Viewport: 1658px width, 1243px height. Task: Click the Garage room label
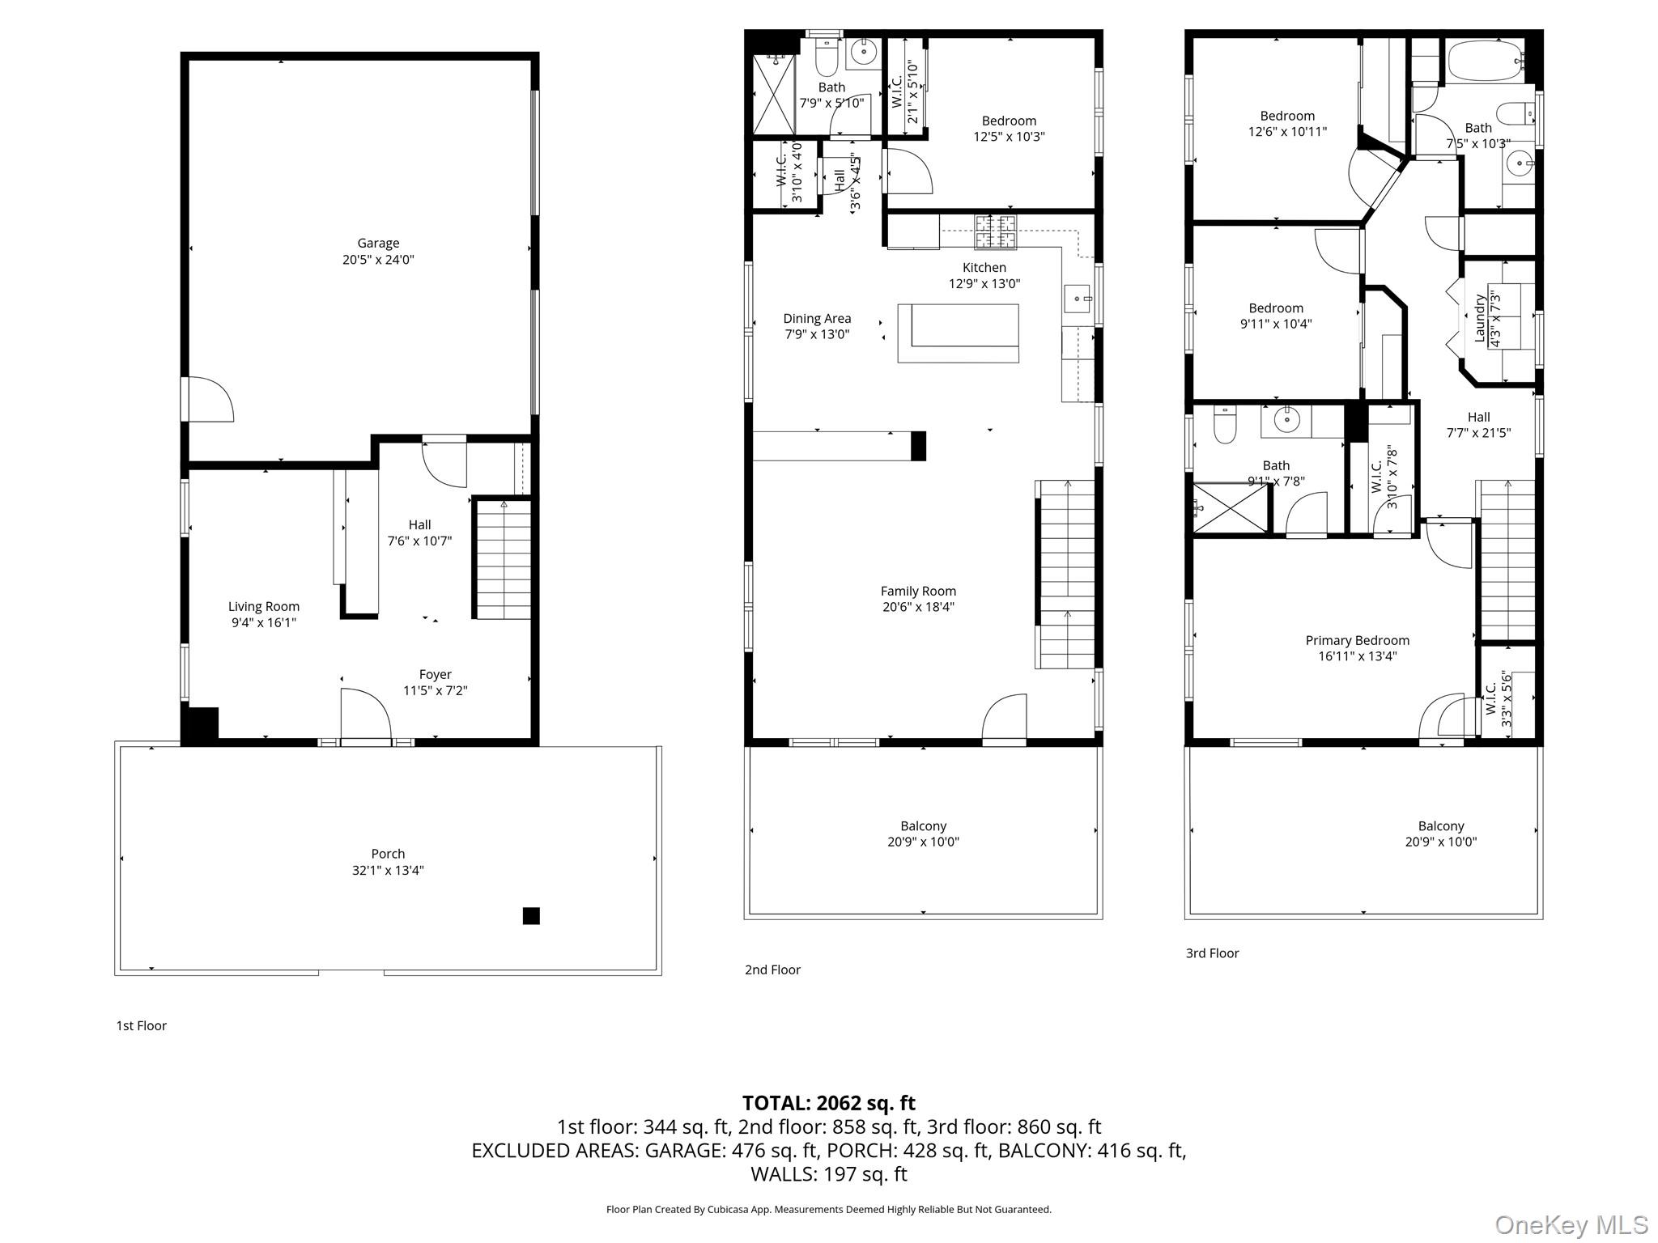pyautogui.click(x=378, y=243)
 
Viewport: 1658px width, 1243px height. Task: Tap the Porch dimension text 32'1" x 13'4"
pyautogui.click(x=388, y=871)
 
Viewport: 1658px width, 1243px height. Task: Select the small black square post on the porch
pyautogui.click(x=531, y=916)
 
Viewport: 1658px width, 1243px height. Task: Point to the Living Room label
pyautogui.click(x=264, y=606)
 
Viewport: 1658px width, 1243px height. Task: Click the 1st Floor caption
pyautogui.click(x=142, y=1026)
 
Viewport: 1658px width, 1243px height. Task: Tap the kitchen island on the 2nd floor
pyautogui.click(x=959, y=333)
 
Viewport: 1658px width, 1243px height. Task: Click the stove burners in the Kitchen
pyautogui.click(x=995, y=231)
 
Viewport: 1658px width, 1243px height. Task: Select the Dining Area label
pyautogui.click(x=817, y=319)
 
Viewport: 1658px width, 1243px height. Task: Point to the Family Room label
pyautogui.click(x=918, y=592)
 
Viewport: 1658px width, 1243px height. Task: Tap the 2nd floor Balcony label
pyautogui.click(x=923, y=826)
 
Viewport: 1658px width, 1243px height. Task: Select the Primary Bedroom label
pyautogui.click(x=1358, y=641)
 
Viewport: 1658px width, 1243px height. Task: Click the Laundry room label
pyautogui.click(x=1480, y=318)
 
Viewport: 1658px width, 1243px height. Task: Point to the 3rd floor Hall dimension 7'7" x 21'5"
pyautogui.click(x=1478, y=433)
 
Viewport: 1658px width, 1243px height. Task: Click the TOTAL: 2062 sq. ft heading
pyautogui.click(x=829, y=1103)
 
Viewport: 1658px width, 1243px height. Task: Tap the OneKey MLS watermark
pyautogui.click(x=1571, y=1224)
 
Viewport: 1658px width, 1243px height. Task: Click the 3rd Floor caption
pyautogui.click(x=1212, y=953)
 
